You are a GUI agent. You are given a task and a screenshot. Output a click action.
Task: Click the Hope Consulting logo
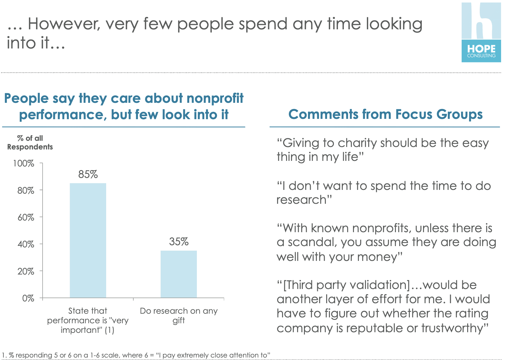[x=481, y=32]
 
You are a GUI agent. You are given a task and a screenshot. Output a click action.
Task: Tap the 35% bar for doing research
[x=179, y=274]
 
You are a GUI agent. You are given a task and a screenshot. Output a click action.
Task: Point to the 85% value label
[x=88, y=174]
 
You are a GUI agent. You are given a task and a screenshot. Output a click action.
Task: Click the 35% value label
[x=179, y=242]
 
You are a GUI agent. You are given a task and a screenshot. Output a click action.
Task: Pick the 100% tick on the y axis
[x=23, y=163]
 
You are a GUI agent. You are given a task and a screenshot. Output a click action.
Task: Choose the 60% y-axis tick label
[x=26, y=217]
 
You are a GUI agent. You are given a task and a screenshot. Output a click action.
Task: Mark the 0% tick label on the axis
[x=28, y=298]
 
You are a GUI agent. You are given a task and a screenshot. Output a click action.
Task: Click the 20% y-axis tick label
[x=26, y=271]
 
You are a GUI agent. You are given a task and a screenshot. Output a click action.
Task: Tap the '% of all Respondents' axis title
[x=30, y=143]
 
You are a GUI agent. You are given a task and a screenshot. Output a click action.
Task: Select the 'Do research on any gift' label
[x=179, y=315]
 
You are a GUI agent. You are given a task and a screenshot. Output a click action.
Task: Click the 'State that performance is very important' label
[x=88, y=320]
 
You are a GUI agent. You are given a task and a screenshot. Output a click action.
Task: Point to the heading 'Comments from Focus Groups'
[x=385, y=114]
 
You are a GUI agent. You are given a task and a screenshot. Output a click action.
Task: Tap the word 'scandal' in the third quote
[x=312, y=242]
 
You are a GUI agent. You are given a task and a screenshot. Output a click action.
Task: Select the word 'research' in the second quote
[x=301, y=200]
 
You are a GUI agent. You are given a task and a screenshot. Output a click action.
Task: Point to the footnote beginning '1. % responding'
[x=136, y=355]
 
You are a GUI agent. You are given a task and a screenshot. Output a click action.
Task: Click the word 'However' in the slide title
[x=64, y=24]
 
